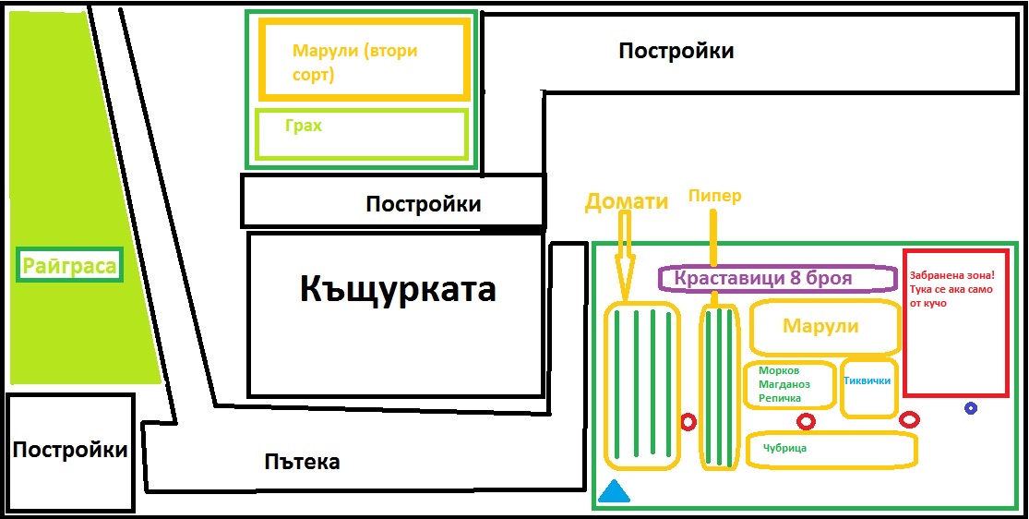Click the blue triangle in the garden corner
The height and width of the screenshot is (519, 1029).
click(x=614, y=493)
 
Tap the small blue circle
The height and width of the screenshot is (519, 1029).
click(x=971, y=408)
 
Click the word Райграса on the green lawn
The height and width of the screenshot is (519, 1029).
click(x=70, y=268)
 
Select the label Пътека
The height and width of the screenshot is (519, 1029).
click(x=302, y=462)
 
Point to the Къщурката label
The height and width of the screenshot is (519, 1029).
click(x=398, y=289)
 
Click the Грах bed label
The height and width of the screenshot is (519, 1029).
click(x=304, y=126)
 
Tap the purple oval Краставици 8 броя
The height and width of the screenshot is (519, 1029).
click(x=776, y=278)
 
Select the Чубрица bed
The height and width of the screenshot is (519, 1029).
click(x=831, y=449)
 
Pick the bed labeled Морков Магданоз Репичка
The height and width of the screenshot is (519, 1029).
click(x=789, y=384)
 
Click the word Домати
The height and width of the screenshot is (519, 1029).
click(x=627, y=201)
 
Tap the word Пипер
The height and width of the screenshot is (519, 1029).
click(x=715, y=196)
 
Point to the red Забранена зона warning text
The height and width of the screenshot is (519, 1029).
click(x=952, y=289)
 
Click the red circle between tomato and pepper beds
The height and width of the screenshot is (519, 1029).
click(x=688, y=422)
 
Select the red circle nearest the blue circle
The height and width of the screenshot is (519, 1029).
click(x=910, y=420)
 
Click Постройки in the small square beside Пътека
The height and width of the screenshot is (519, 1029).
click(x=70, y=451)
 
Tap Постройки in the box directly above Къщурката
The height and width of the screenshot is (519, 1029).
click(x=424, y=204)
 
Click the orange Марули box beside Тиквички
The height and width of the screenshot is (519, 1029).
click(x=821, y=326)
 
